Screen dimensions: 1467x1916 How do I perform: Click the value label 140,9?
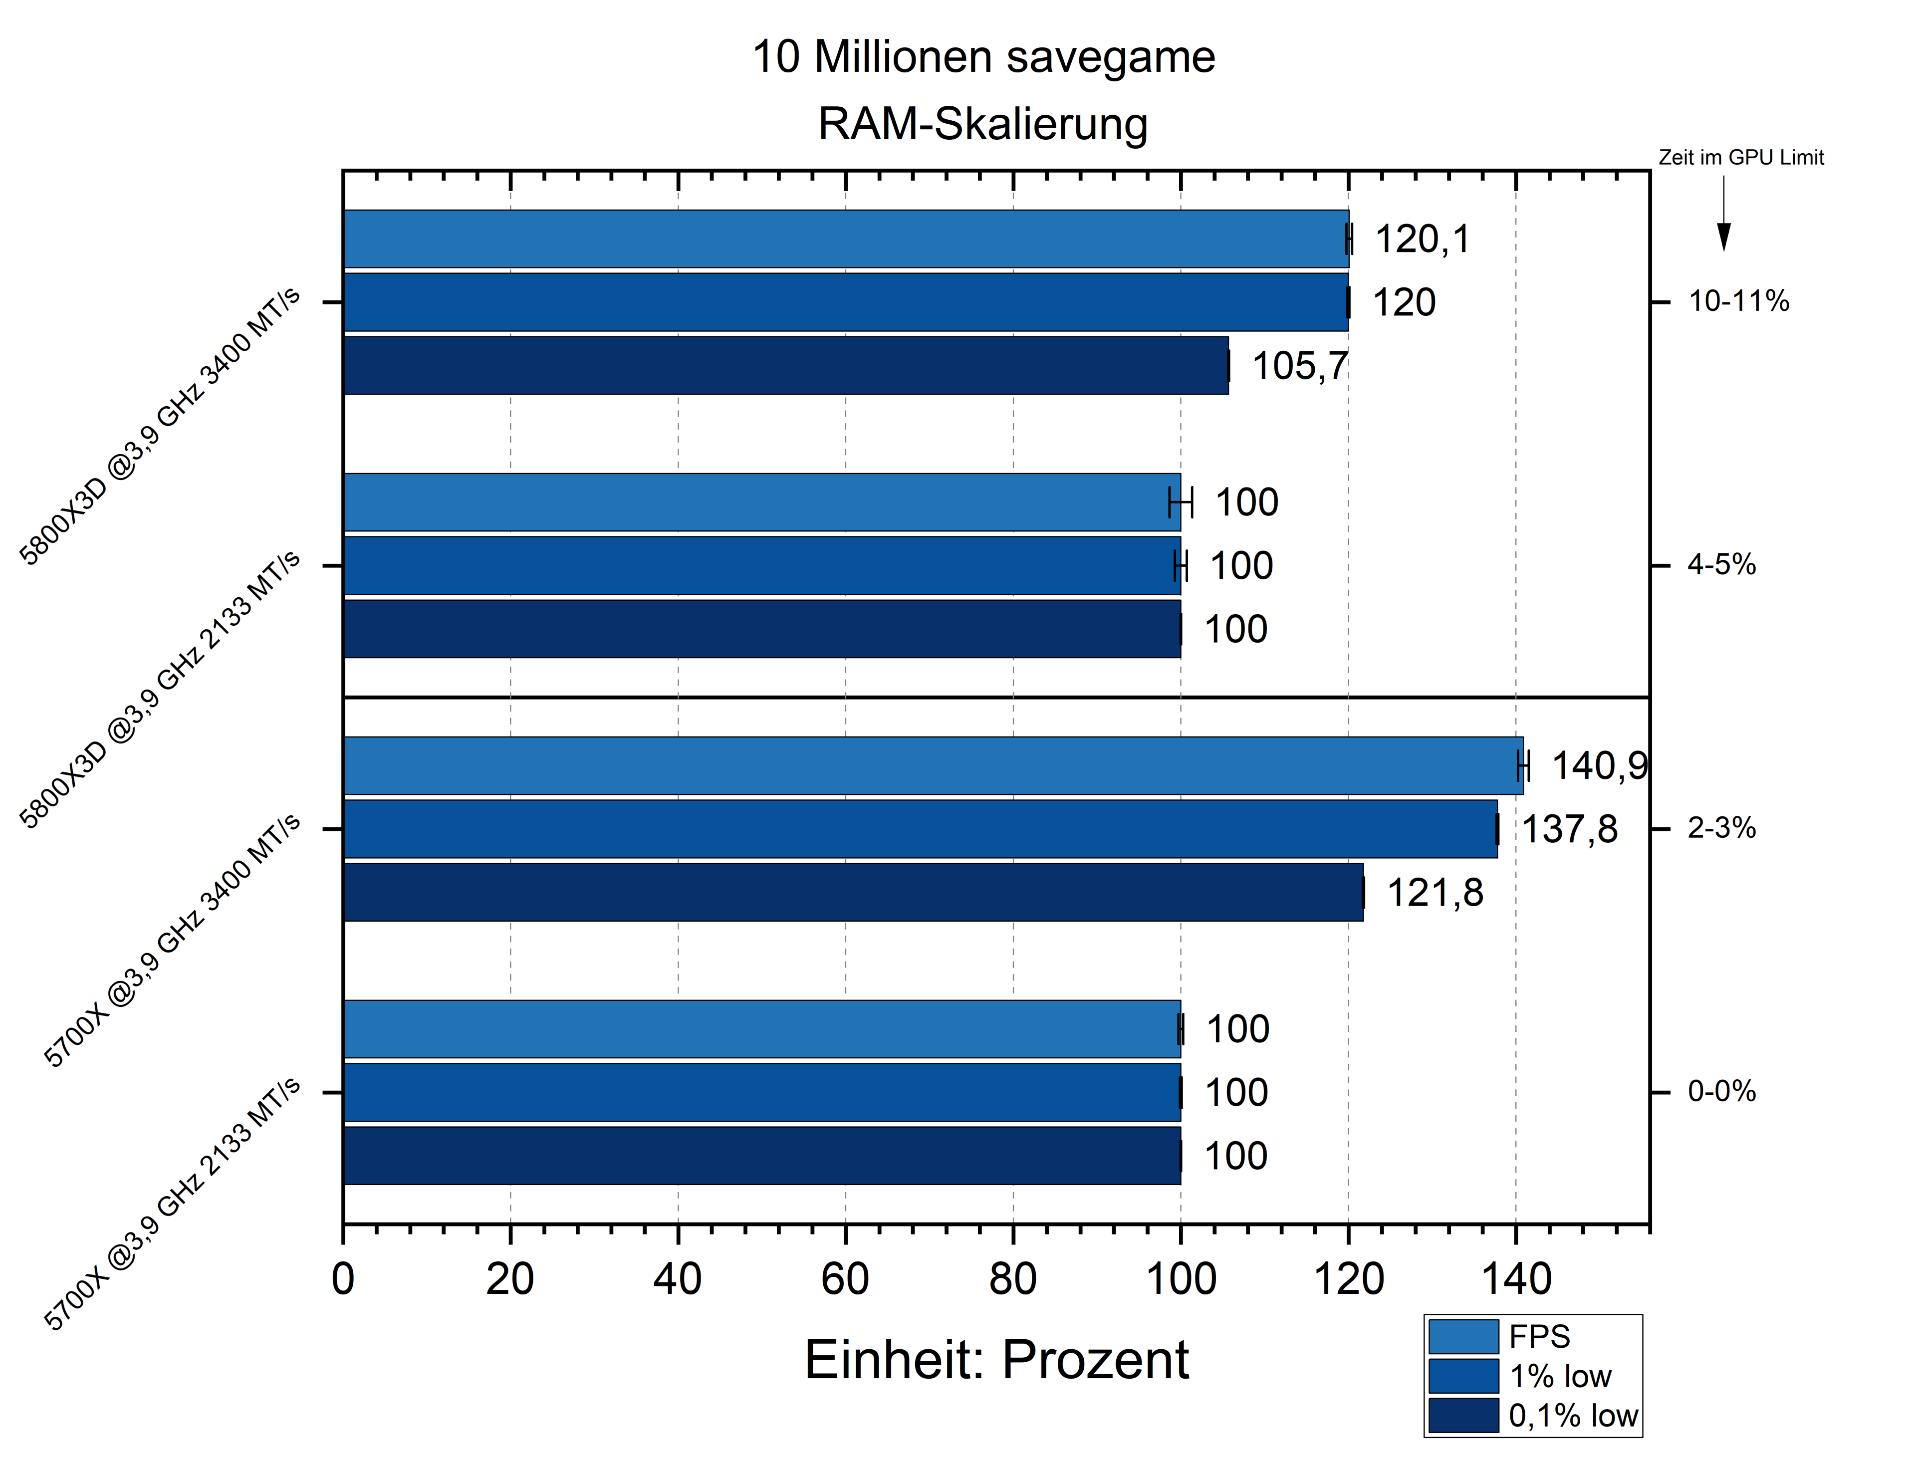(x=1598, y=766)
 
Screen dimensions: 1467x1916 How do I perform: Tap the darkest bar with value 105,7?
(x=786, y=365)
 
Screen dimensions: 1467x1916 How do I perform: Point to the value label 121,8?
(x=1435, y=892)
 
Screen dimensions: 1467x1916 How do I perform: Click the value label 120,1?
(x=1422, y=239)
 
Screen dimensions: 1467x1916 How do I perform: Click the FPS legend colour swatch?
(x=1463, y=1336)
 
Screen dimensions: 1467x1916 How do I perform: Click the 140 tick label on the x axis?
(x=1515, y=1279)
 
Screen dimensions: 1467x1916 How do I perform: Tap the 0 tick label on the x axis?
(x=343, y=1279)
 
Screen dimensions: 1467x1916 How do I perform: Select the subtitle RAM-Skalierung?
(x=982, y=123)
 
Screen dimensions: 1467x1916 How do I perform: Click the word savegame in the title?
(x=1110, y=57)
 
